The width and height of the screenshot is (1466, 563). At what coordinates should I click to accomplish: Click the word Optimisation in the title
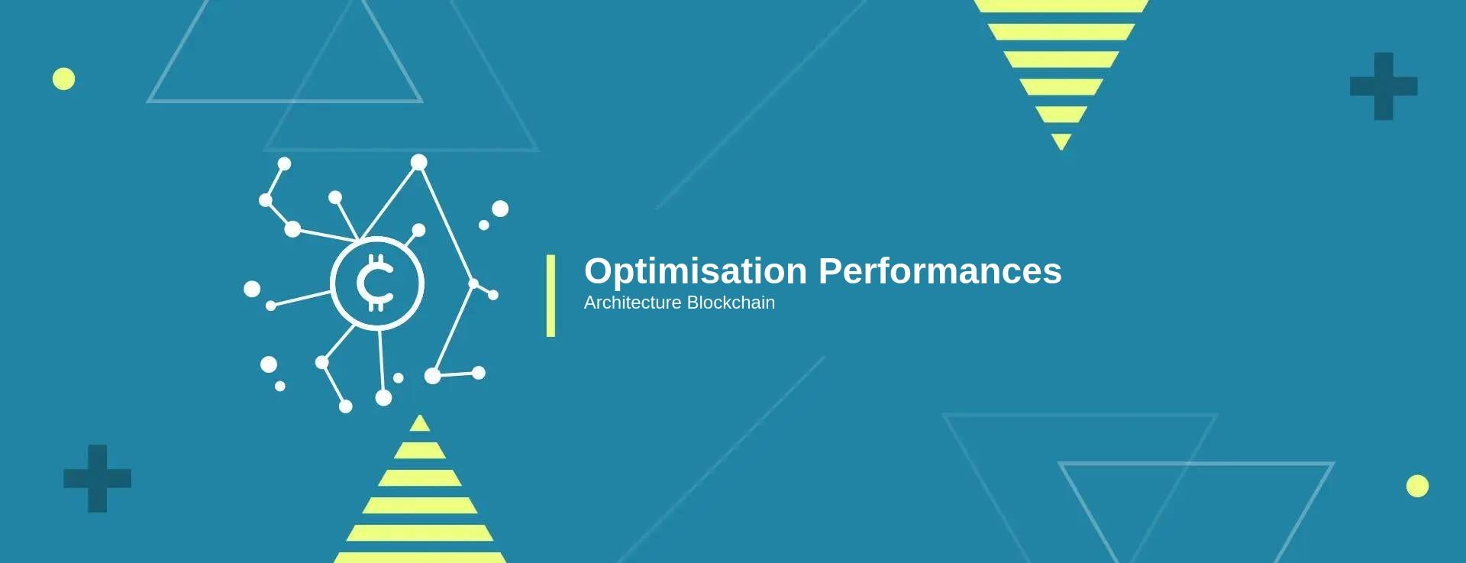[696, 272]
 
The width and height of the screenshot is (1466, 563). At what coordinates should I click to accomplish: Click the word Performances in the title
[940, 270]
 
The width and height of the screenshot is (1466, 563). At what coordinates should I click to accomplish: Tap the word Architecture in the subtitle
[632, 303]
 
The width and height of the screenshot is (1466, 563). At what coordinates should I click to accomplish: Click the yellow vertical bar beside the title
[551, 296]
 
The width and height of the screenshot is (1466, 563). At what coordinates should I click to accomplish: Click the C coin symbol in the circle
[376, 283]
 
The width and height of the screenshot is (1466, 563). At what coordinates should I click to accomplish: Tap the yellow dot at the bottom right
[1417, 486]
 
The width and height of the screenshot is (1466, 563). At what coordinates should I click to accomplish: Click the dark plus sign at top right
[1384, 86]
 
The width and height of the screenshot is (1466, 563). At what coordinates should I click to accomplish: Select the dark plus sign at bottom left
[97, 478]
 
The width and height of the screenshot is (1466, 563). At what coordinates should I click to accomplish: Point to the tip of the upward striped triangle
[419, 415]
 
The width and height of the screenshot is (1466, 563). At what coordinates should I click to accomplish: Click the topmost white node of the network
[419, 162]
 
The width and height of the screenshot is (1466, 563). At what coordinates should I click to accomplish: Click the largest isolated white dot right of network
[500, 209]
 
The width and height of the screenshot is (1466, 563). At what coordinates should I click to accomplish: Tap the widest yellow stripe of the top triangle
[1061, 6]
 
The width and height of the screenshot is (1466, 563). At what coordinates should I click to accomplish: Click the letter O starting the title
[600, 271]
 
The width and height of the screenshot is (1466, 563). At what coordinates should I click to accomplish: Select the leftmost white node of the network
[252, 289]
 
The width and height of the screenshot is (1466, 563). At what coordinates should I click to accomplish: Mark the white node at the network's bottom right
[479, 373]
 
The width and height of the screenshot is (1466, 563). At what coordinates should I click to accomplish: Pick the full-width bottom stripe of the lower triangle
[420, 558]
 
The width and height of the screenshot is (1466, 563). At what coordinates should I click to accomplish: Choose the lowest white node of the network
[346, 406]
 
